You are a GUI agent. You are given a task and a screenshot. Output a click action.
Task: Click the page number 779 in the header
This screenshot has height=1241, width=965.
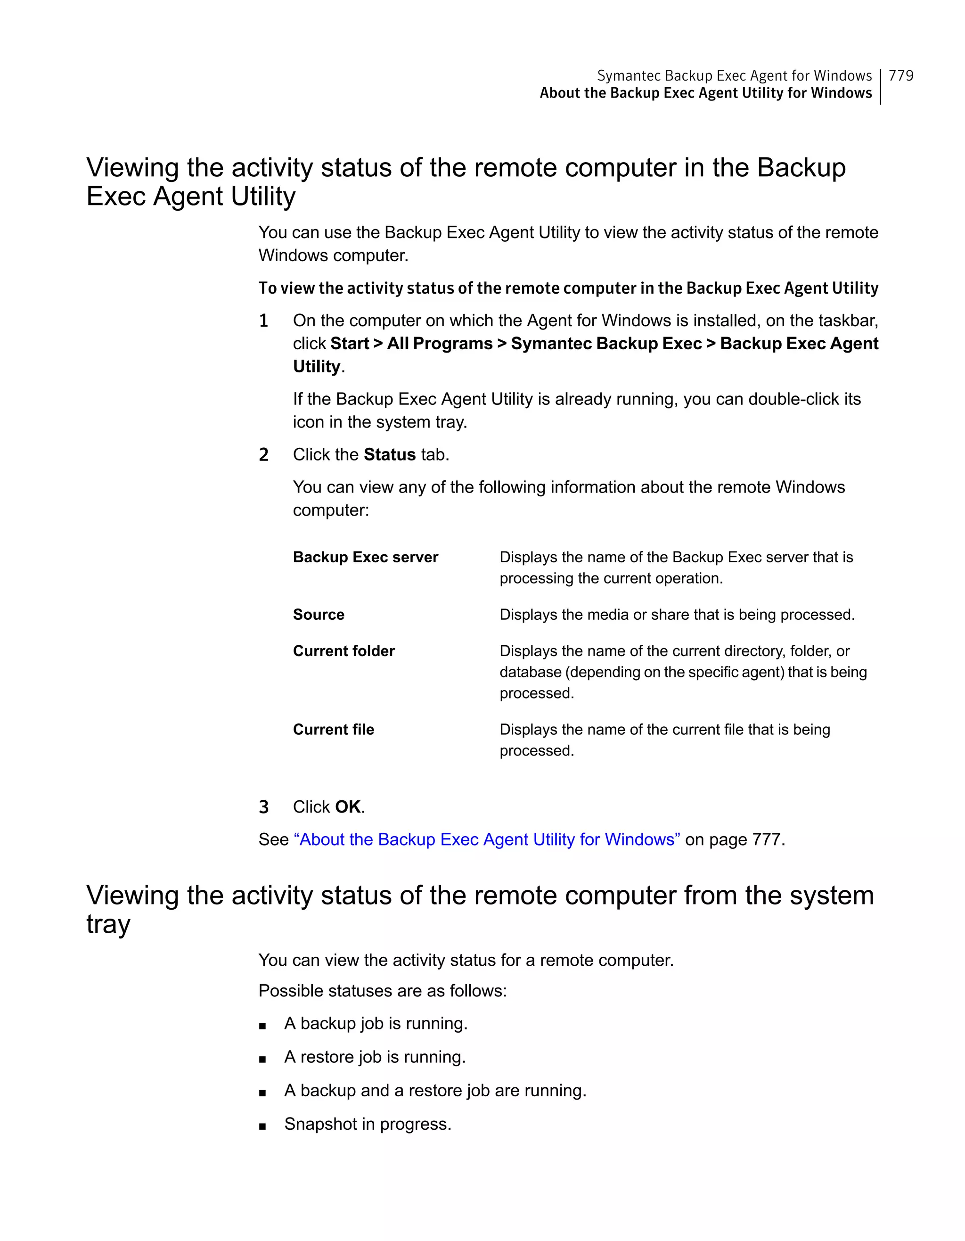click(x=901, y=75)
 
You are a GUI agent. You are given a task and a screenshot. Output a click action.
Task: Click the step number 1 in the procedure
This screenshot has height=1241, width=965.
click(x=263, y=321)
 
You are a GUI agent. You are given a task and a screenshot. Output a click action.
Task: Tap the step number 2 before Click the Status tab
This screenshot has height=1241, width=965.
click(x=263, y=455)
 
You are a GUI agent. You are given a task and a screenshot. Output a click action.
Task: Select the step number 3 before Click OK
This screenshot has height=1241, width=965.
click(x=263, y=807)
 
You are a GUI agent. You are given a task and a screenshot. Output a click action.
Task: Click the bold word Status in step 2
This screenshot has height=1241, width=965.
click(x=390, y=454)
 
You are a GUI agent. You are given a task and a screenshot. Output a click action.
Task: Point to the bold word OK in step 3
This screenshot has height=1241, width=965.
click(x=348, y=807)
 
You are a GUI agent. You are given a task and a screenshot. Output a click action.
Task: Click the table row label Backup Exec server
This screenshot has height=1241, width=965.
click(x=365, y=558)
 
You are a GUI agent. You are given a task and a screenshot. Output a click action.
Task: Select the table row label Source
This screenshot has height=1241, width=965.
click(x=318, y=615)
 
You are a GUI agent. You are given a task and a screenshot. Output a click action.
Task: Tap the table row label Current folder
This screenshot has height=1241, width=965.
click(x=343, y=651)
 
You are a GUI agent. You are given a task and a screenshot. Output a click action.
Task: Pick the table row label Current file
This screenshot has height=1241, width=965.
click(x=334, y=730)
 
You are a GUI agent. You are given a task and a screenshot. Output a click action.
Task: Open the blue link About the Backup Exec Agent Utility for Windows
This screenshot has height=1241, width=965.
click(x=487, y=839)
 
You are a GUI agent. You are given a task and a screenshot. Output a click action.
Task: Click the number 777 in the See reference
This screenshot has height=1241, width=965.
click(x=766, y=839)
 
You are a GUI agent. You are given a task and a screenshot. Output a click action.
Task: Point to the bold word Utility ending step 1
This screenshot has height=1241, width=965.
click(x=316, y=367)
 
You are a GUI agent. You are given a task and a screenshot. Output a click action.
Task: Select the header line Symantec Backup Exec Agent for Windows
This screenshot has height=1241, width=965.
click(x=734, y=75)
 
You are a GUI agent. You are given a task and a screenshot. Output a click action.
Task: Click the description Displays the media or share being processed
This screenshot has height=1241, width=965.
click(x=677, y=615)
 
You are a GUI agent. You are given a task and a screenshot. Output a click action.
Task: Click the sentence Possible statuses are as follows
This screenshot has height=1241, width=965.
click(x=382, y=991)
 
